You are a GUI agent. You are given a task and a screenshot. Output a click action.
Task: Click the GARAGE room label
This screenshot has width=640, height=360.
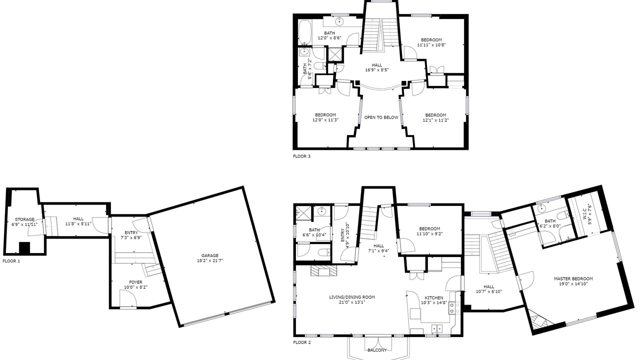pos(209,255)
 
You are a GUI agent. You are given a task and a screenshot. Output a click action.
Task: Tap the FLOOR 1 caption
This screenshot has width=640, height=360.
pos(11,261)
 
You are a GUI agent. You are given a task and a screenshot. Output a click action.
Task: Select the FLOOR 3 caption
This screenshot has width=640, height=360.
pos(301,156)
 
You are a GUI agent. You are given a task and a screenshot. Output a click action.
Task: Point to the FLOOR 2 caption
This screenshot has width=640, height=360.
pos(302,342)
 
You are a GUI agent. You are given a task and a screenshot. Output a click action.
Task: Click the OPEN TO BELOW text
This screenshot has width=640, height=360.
pos(381,117)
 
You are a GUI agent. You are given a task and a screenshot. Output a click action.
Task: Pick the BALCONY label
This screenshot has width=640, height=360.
pos(377,350)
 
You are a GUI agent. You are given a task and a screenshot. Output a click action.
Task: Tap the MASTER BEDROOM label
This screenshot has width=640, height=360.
pos(573,278)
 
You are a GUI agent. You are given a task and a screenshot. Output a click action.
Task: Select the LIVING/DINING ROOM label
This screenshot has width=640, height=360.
pos(352,297)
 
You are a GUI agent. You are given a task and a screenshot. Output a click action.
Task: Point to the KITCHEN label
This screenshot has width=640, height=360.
pos(434,297)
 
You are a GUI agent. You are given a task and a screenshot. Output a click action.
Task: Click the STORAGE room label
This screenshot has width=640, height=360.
pos(24,219)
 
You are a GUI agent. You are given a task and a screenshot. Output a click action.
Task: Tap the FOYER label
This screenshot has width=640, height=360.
pos(135,282)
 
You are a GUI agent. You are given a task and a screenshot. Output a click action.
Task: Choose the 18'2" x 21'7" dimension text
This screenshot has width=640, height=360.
pos(209,260)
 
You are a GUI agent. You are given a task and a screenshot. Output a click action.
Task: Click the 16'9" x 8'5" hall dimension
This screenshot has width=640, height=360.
pos(377,70)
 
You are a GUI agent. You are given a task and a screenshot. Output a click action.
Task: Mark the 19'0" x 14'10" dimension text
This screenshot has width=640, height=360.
pos(573,283)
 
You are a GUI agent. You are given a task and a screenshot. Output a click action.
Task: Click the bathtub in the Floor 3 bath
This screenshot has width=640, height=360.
pos(305,32)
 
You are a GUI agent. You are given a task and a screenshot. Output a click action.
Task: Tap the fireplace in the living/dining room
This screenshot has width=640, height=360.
pos(323,271)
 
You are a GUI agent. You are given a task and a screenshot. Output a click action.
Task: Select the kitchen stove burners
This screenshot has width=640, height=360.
pos(454,307)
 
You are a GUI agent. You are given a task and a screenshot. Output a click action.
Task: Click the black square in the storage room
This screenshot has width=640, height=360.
pos(24,247)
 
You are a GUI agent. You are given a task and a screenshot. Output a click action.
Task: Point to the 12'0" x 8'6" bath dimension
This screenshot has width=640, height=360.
pos(329,38)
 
